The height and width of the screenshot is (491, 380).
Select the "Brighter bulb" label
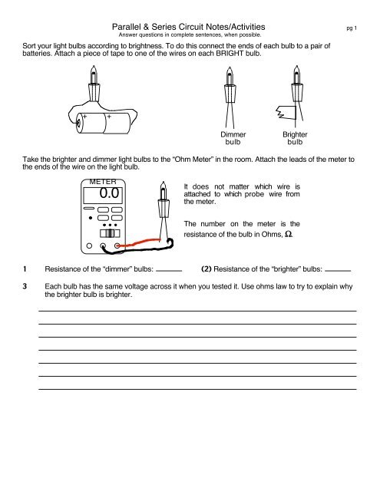(x=295, y=137)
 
